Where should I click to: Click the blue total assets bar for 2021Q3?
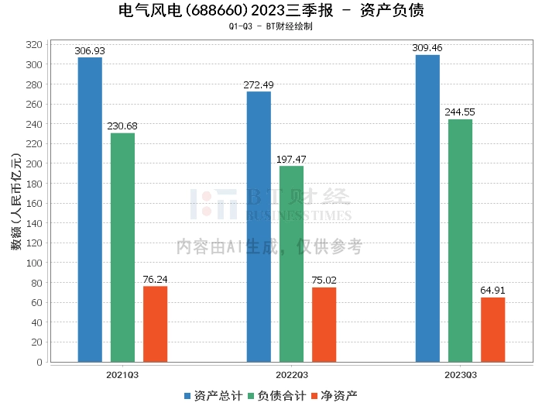[90, 209]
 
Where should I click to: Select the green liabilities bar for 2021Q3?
[122, 247]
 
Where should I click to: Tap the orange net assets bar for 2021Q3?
[155, 324]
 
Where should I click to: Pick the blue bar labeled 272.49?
[259, 226]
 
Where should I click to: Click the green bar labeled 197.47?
[291, 263]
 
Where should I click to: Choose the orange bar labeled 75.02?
[324, 325]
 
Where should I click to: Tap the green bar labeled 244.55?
[460, 240]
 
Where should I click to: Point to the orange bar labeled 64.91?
[492, 329]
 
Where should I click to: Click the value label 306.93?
[90, 51]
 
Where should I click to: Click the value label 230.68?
[122, 126]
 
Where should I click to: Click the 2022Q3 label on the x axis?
[291, 374]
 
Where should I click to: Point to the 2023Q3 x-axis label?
[460, 374]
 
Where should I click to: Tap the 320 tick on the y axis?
[33, 45]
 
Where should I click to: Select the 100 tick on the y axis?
[33, 263]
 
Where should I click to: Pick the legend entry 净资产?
[334, 396]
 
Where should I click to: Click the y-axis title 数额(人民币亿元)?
[15, 203]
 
